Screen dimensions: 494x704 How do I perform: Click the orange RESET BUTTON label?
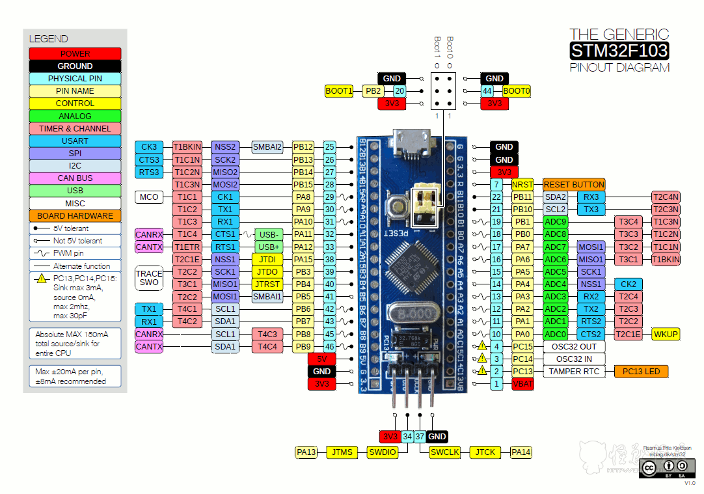click(x=574, y=184)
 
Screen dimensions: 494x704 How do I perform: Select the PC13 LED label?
click(x=641, y=372)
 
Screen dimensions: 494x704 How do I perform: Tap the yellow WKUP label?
click(x=665, y=334)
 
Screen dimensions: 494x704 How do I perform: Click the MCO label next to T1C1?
click(x=149, y=197)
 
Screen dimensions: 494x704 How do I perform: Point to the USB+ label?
click(x=268, y=247)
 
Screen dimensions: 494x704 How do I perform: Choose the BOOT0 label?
click(x=517, y=91)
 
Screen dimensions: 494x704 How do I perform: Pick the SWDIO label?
click(x=381, y=452)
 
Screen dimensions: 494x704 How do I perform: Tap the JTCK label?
click(x=485, y=452)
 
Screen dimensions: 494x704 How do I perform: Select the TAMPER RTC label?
click(x=573, y=372)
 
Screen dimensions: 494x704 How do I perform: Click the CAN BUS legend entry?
click(x=75, y=178)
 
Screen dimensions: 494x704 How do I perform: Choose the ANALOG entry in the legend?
click(x=75, y=116)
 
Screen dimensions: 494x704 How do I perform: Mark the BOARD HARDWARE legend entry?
click(x=75, y=215)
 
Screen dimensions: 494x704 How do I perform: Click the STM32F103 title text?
click(x=619, y=51)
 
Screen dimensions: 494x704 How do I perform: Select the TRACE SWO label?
click(x=149, y=278)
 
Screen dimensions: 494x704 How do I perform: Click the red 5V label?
click(x=322, y=359)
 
